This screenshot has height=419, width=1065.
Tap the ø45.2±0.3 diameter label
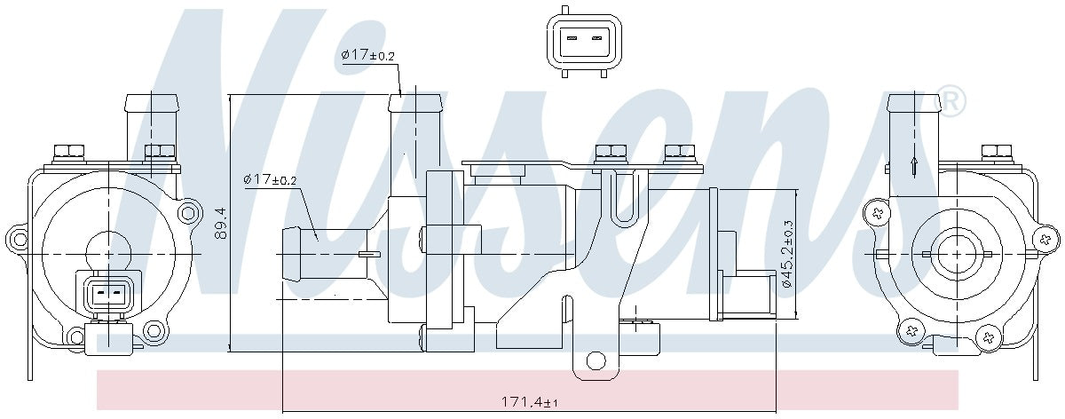coord(786,254)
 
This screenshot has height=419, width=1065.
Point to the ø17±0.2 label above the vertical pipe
coord(367,56)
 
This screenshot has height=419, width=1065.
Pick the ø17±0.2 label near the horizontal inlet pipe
coord(270,180)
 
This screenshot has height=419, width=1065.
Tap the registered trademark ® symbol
coord(951,102)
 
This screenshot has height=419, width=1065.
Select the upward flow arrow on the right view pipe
coord(914,165)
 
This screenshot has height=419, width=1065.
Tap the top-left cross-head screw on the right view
coord(878,213)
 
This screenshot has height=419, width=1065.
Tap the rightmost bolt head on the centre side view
coord(679,152)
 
